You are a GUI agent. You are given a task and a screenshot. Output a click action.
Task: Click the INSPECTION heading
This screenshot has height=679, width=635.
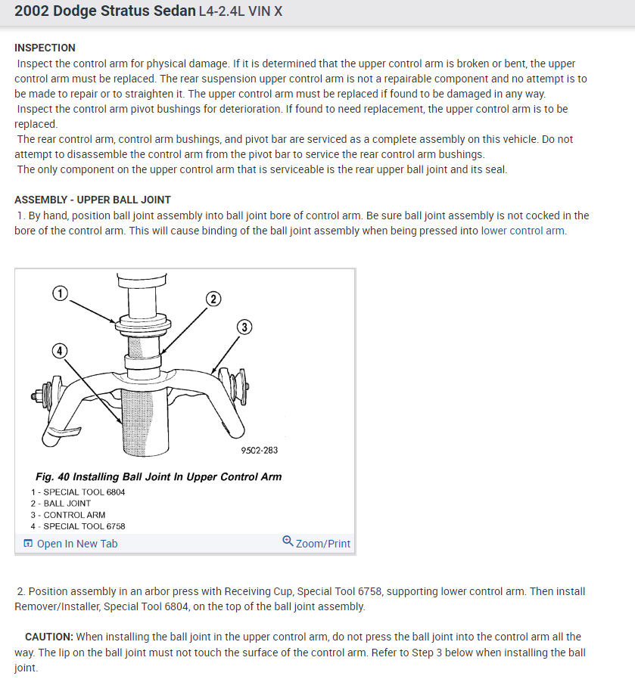tap(45, 48)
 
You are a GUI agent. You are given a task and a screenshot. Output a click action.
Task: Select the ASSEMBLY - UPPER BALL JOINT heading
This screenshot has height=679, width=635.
tap(92, 200)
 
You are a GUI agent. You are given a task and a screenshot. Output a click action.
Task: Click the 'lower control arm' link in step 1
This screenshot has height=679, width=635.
tap(522, 231)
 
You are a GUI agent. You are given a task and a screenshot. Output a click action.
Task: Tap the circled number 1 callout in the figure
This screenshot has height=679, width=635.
tap(61, 293)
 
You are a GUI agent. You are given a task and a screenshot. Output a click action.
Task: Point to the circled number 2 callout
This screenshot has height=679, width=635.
tap(213, 299)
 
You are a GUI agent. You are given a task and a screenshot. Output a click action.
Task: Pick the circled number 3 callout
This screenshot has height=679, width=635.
tap(244, 327)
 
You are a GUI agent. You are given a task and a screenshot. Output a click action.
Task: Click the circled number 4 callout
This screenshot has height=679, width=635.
tap(60, 350)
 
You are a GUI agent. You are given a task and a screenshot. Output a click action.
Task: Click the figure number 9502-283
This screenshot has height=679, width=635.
tap(259, 451)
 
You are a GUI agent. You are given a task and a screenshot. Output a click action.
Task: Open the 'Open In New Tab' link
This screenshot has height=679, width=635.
tap(76, 544)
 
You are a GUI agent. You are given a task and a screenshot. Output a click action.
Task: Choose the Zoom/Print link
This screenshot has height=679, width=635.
tap(323, 544)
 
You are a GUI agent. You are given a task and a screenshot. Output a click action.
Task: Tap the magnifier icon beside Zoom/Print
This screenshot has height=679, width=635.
tap(288, 541)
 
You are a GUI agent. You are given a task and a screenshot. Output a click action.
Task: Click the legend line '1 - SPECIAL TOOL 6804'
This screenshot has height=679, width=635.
tap(78, 491)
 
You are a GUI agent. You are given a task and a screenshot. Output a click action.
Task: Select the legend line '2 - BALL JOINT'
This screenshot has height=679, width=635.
tap(61, 503)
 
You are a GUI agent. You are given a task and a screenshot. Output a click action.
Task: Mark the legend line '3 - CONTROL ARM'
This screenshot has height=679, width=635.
tap(68, 515)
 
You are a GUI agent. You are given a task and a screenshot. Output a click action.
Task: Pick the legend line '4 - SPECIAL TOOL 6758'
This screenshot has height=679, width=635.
tap(78, 526)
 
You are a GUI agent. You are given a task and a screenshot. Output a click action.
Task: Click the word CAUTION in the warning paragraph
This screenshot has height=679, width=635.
tap(48, 637)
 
